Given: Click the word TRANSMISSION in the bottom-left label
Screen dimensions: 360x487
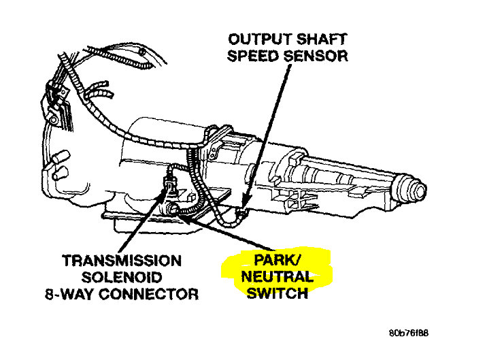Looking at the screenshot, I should click(x=122, y=261).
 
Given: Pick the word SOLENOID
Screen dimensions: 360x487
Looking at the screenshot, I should click(x=122, y=278).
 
